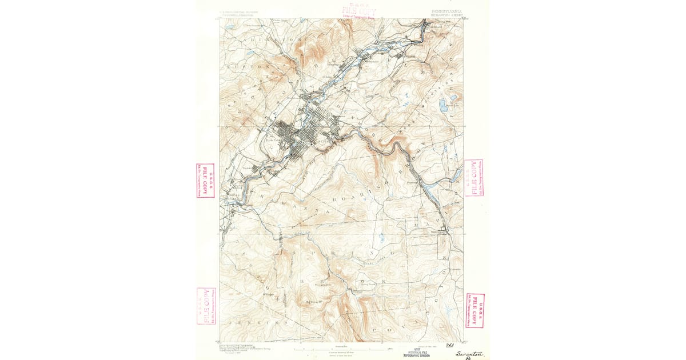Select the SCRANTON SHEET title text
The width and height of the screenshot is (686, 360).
[x=444, y=14]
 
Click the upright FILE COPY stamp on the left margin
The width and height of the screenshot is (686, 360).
[x=205, y=181]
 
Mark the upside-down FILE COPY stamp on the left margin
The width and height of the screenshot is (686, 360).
[x=206, y=306]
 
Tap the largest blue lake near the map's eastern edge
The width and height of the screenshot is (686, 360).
[x=444, y=105]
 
